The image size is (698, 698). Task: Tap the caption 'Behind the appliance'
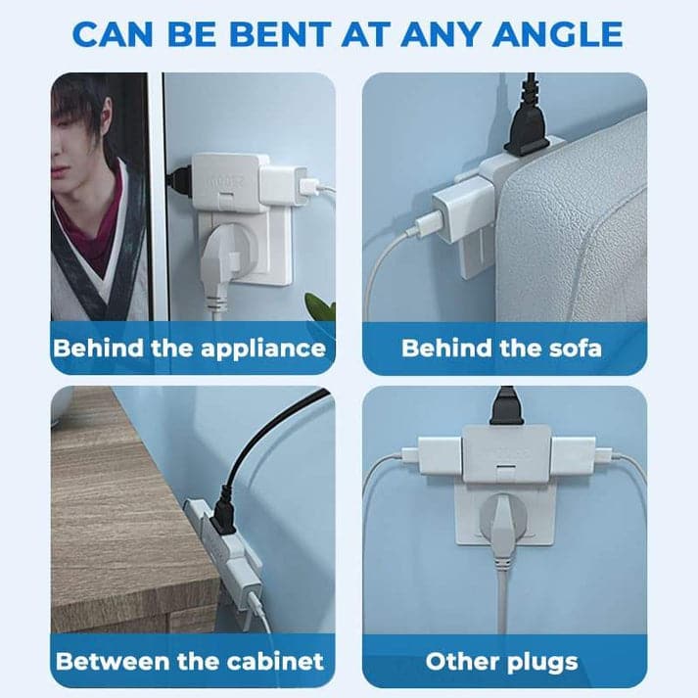189,348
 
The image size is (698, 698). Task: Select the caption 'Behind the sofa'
502,348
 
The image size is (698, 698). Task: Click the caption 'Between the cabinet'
189,660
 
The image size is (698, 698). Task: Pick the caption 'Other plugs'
502,660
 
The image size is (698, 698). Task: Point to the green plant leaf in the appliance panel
320,305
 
